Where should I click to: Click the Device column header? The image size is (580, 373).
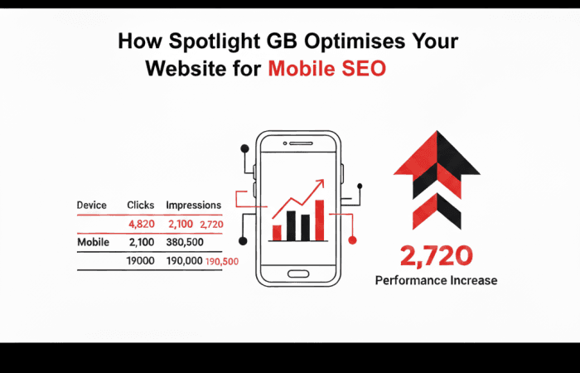coord(91,205)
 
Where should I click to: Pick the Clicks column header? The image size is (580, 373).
coord(141,205)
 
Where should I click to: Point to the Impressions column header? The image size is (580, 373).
coord(193,205)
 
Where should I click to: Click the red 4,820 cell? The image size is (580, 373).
coord(143,225)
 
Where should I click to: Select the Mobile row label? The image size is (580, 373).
coord(94,243)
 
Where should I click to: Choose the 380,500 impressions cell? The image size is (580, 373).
coord(186,243)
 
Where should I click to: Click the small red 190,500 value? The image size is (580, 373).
coord(222,262)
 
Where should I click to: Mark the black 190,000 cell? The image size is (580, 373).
coord(183,261)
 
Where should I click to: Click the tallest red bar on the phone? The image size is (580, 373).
coord(320,219)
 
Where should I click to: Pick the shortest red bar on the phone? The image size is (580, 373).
coord(277,232)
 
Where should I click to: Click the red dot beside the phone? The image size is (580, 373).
coord(352,240)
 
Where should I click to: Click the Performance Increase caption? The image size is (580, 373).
coord(436,280)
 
